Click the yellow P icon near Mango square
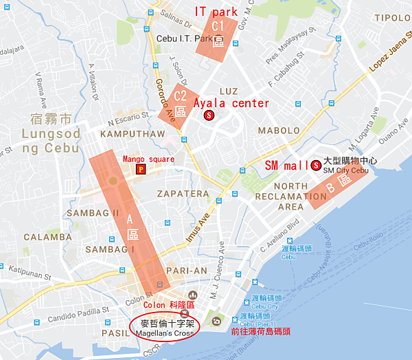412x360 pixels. [141, 169]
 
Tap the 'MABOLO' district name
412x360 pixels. [278, 131]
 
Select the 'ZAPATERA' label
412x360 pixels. [183, 194]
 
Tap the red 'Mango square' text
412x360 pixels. [148, 159]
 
